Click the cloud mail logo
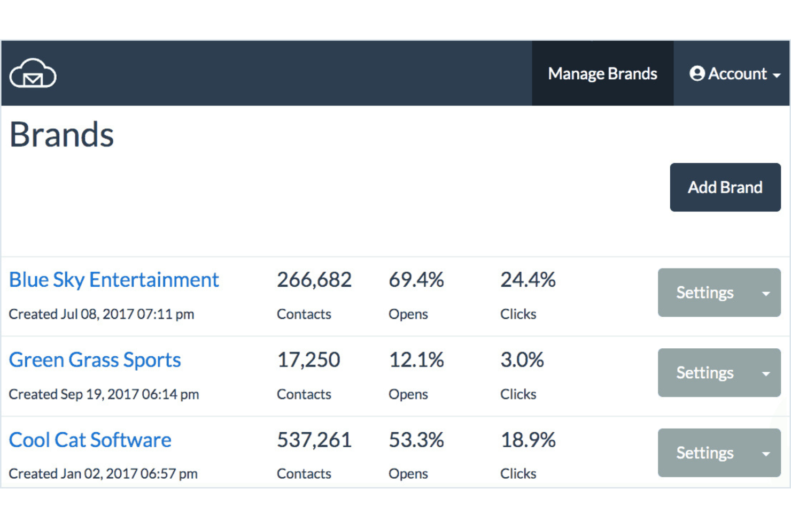[x=33, y=73]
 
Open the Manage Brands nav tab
[x=602, y=73]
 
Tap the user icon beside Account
[x=697, y=73]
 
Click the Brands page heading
[x=61, y=134]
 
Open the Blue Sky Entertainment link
[x=114, y=280]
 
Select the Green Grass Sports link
[x=95, y=360]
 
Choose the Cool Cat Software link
[x=90, y=440]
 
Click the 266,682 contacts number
[x=314, y=280]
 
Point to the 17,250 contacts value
[x=308, y=360]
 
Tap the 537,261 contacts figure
[x=314, y=440]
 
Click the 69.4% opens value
[x=416, y=280]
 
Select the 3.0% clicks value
[x=522, y=360]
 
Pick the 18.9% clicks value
[x=528, y=440]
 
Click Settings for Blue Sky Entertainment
[x=704, y=293]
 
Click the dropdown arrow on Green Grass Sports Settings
[x=766, y=373]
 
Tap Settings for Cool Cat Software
[x=704, y=453]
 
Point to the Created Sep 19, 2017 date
[x=104, y=394]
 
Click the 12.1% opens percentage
[x=416, y=360]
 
